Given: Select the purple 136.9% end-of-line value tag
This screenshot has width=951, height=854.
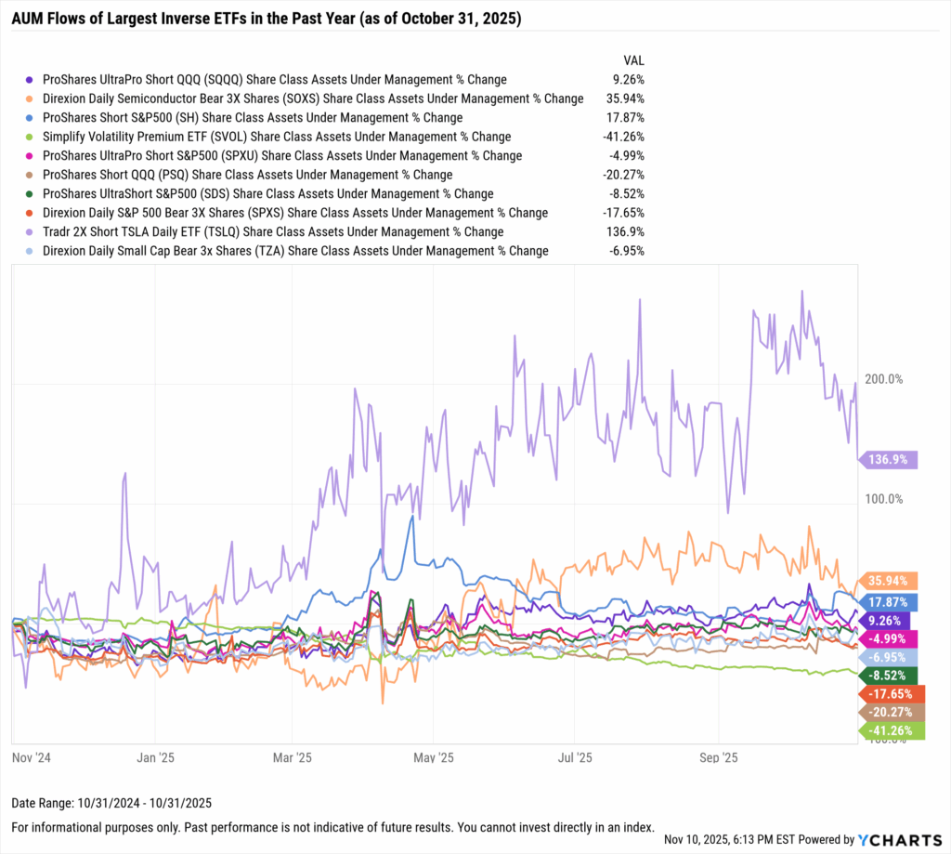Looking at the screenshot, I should [889, 459].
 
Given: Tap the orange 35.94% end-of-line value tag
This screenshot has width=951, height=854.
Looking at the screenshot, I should [889, 580].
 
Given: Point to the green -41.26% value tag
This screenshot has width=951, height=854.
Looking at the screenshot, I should [889, 731].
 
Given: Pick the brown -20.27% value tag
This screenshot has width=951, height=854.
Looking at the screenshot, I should [889, 712].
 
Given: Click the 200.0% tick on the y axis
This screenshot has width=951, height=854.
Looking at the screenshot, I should [884, 379].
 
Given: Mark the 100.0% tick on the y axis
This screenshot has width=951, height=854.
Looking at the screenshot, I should [884, 499].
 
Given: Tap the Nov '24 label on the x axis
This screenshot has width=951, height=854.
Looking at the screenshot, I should [32, 757].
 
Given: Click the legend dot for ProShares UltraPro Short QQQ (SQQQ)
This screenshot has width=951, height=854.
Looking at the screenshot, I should [33, 80].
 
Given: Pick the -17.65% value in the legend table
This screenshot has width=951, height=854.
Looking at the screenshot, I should [624, 213].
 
